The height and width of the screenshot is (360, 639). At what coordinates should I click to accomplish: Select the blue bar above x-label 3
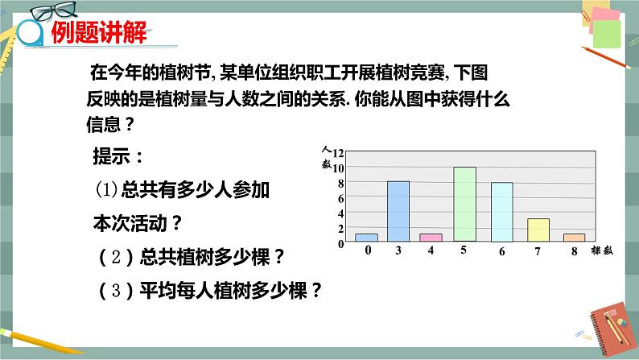click(x=398, y=211)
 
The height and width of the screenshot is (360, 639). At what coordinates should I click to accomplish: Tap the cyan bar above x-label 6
click(x=501, y=212)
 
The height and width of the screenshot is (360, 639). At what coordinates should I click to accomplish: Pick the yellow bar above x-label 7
click(x=538, y=230)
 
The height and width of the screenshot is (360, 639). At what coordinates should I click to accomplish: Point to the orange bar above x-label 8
click(x=574, y=238)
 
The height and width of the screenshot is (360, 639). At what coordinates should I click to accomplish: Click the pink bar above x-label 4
click(x=431, y=238)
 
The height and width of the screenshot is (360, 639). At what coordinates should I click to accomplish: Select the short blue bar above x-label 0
click(x=366, y=238)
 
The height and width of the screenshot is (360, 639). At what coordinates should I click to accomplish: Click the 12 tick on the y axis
click(x=338, y=153)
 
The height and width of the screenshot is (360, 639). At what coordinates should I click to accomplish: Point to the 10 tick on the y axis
click(x=338, y=168)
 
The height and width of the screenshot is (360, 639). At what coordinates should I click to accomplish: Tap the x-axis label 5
click(x=464, y=251)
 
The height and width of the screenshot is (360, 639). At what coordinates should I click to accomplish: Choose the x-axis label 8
click(x=573, y=251)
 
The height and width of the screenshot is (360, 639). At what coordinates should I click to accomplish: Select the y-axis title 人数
click(x=326, y=156)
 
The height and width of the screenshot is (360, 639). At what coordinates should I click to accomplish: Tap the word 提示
click(x=117, y=155)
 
